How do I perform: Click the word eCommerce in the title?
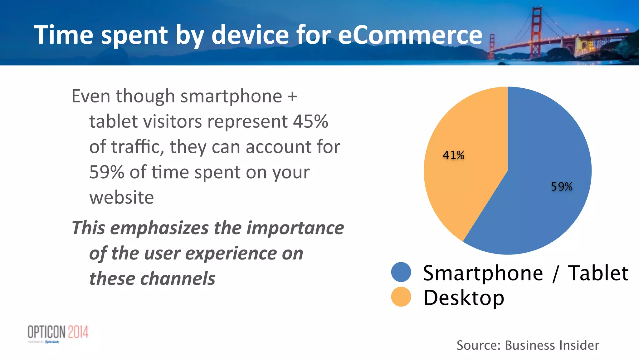pos(410,35)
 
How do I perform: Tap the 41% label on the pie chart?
pos(453,155)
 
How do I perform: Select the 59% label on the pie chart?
pos(561,187)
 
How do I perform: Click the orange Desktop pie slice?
pos(462,181)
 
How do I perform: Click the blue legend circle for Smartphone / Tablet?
pos(401,272)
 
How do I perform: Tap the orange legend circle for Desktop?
pos(401,297)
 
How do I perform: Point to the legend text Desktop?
pos(463,298)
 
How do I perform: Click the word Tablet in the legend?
pos(598,273)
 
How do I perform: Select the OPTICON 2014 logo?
pos(58,333)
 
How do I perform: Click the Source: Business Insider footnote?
pos(528,345)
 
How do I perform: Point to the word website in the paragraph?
pos(122,198)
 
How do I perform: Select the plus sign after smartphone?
pos(292,96)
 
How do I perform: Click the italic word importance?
pos(295,228)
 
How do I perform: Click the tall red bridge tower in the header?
pos(536,31)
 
